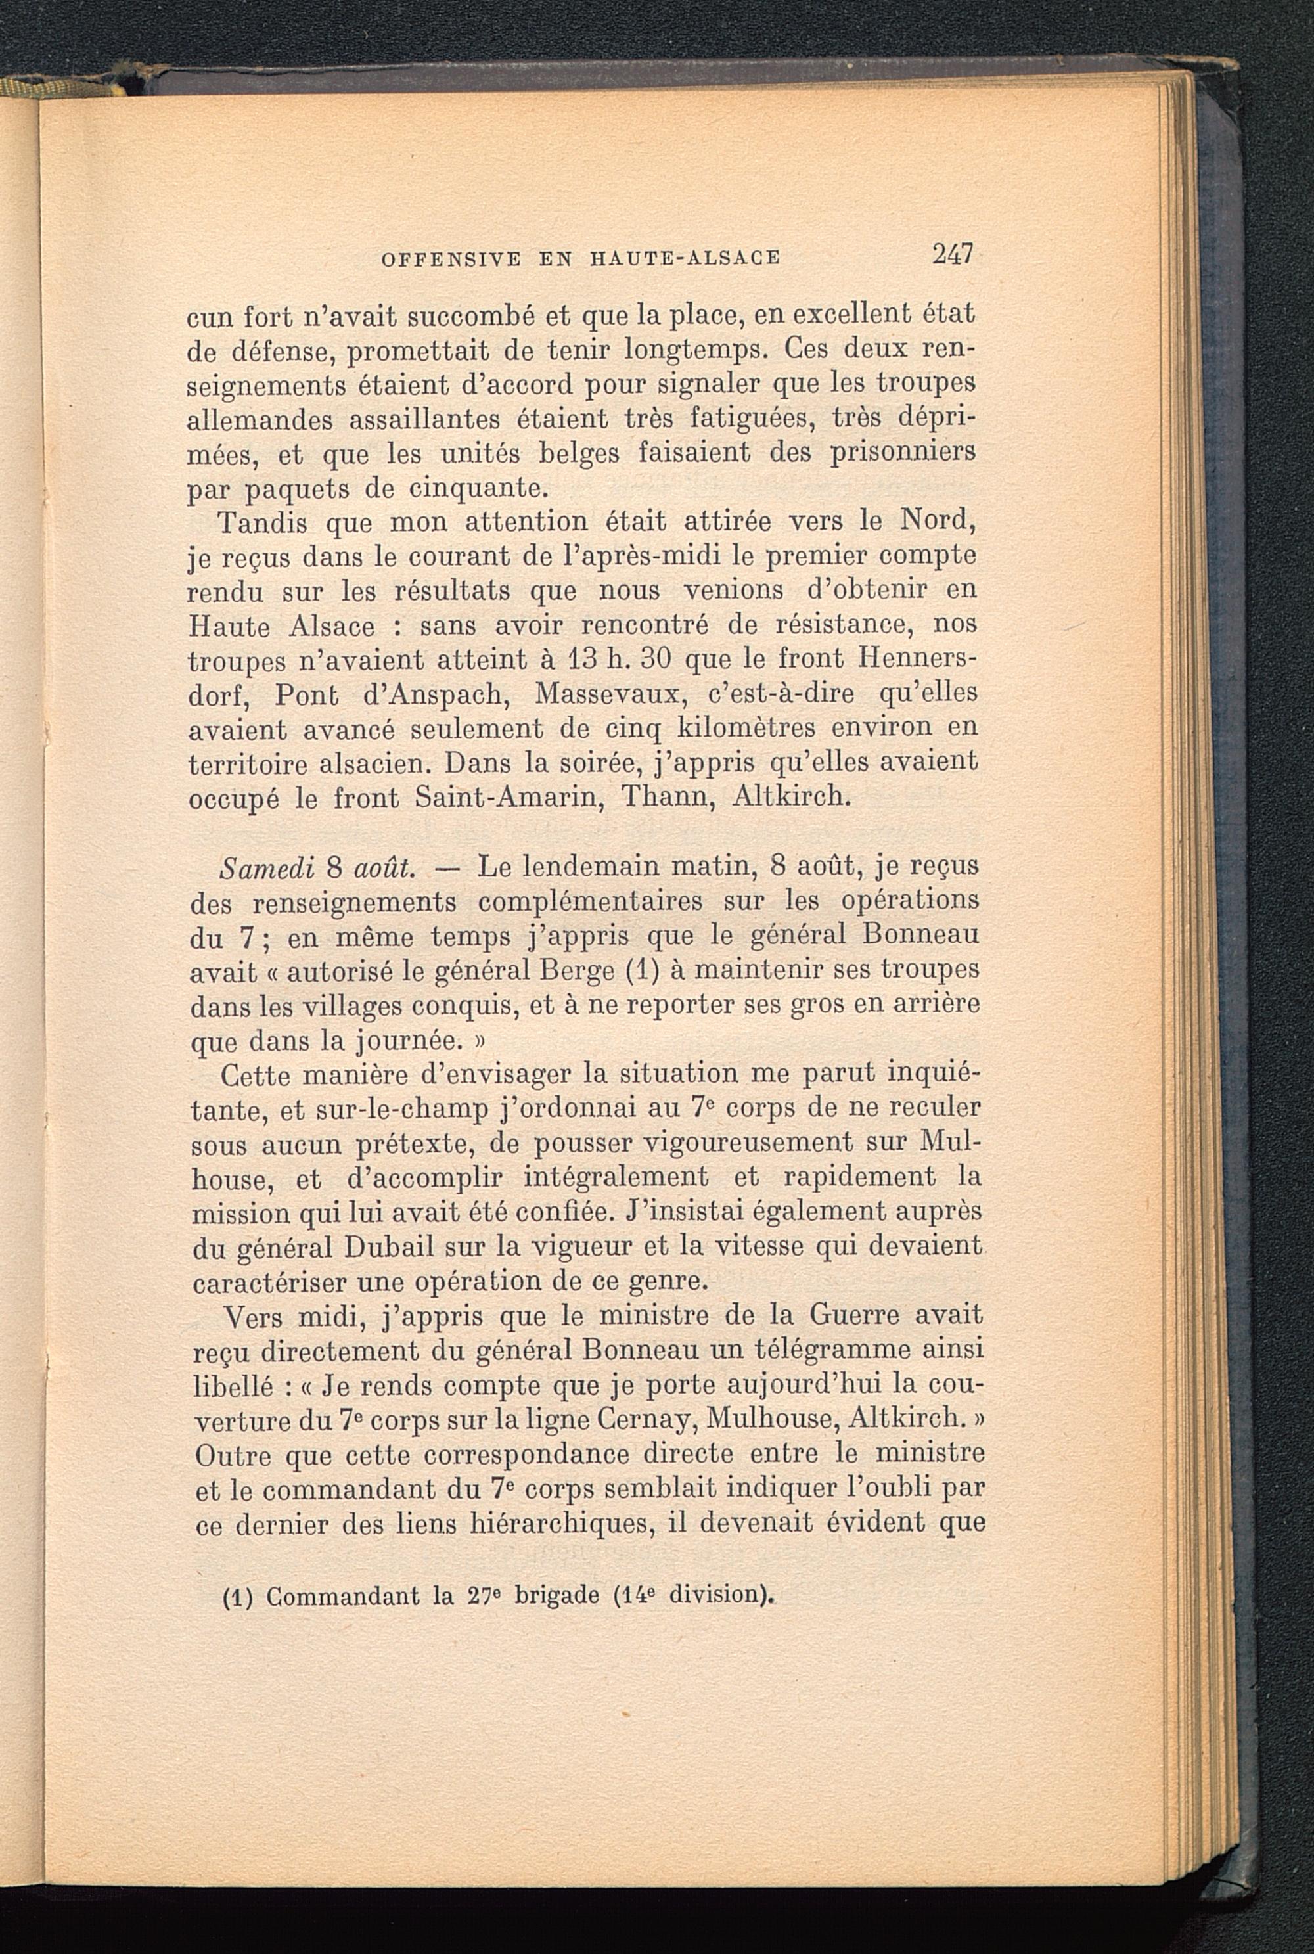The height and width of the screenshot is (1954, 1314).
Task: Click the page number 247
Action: coord(951,253)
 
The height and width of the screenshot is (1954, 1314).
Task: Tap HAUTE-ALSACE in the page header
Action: coord(685,258)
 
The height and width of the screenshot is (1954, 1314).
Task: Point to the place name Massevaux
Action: coord(605,694)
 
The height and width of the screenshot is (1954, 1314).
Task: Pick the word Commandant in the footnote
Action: coord(342,1596)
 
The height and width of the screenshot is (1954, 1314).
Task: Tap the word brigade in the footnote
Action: coord(556,1596)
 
